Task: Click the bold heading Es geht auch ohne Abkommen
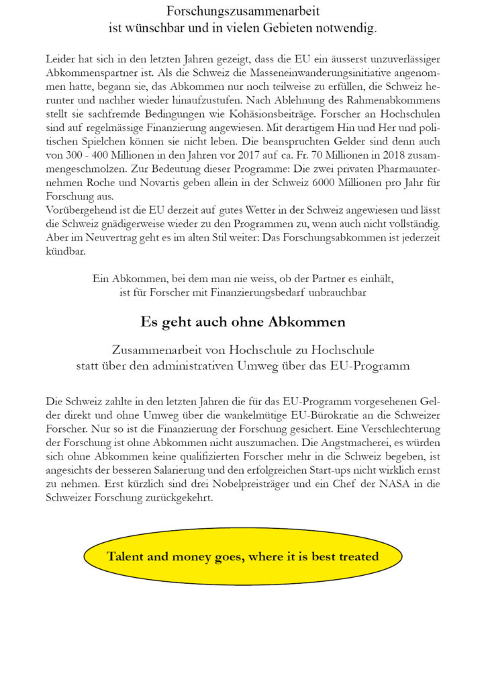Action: [243, 322]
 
